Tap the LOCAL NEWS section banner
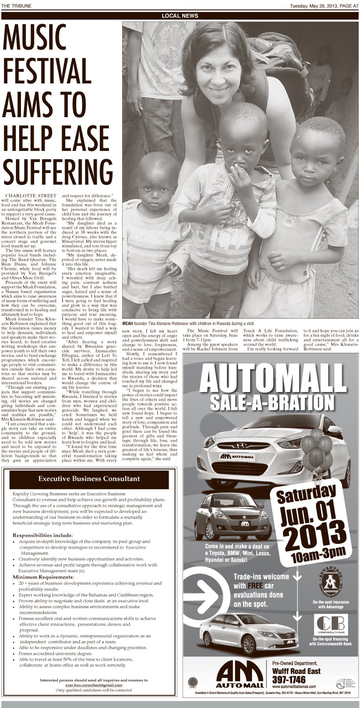[x=180, y=16]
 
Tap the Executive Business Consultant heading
[x=89, y=479]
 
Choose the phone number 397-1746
[x=289, y=679]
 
